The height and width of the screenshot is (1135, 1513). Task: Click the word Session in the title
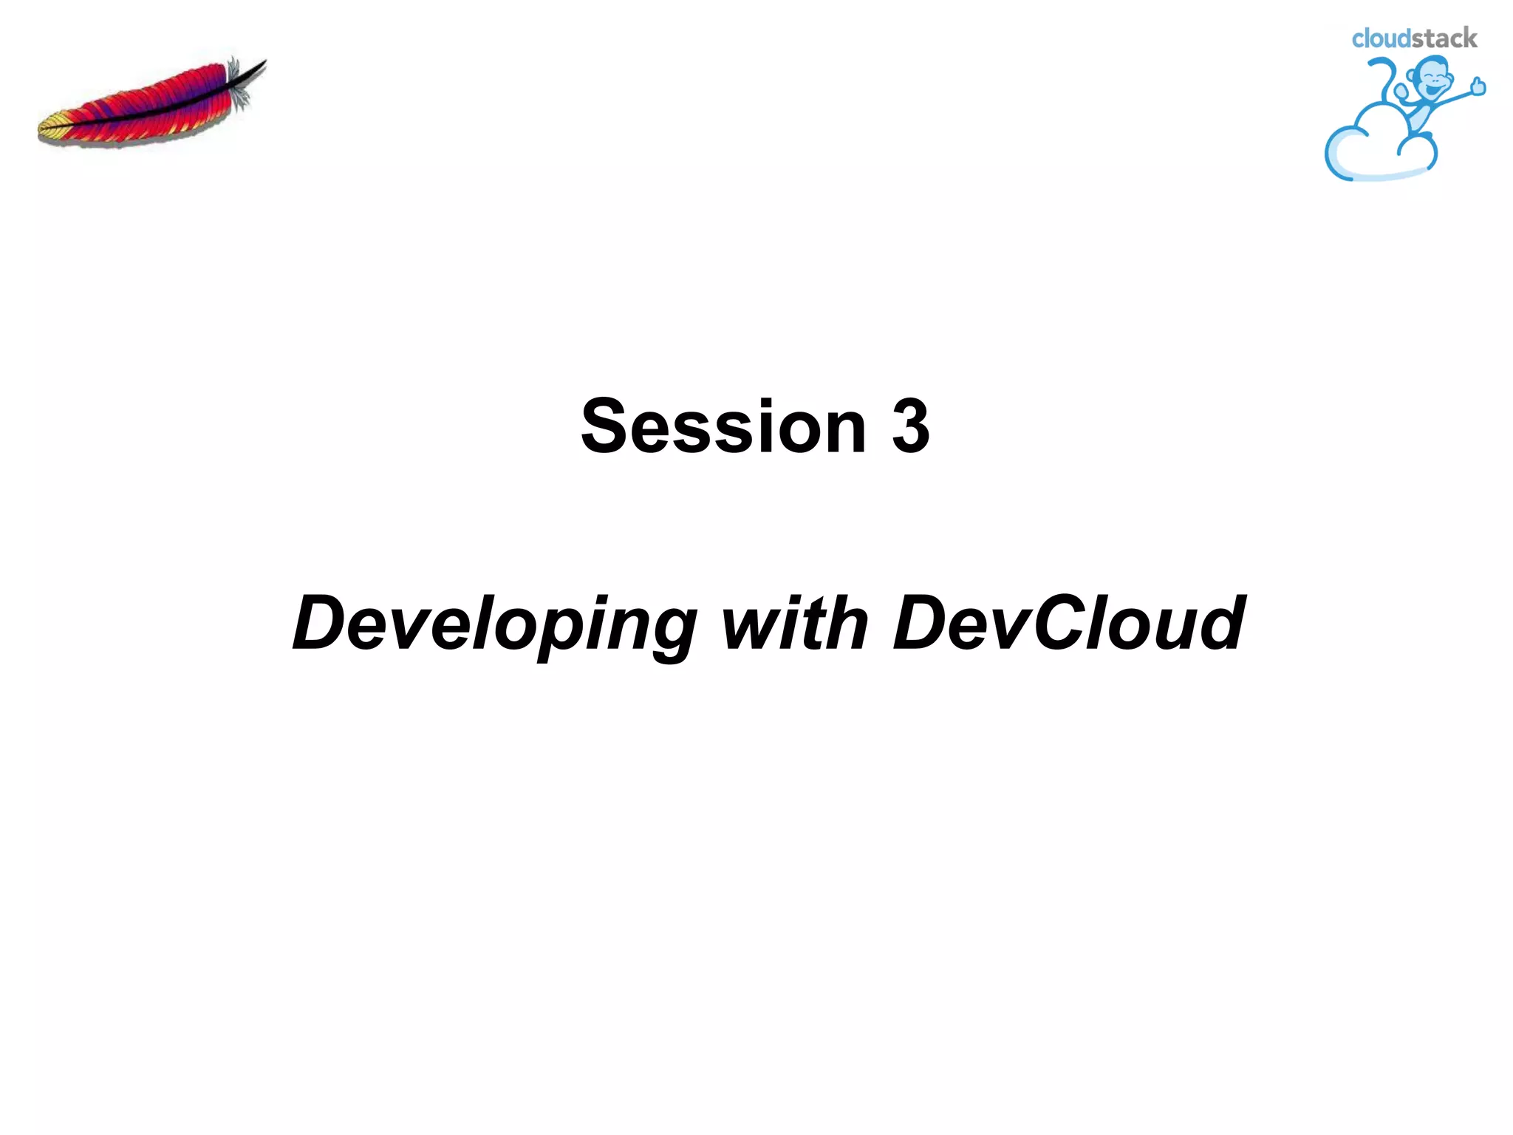pyautogui.click(x=723, y=427)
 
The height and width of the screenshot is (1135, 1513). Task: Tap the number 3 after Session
pyautogui.click(x=910, y=427)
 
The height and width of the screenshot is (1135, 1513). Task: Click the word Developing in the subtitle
pyautogui.click(x=493, y=624)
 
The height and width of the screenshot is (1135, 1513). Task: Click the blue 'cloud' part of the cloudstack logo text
pyautogui.click(x=1381, y=39)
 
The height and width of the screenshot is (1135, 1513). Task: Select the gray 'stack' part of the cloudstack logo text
pyautogui.click(x=1444, y=38)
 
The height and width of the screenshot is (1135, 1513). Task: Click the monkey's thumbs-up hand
pyautogui.click(x=1478, y=87)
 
